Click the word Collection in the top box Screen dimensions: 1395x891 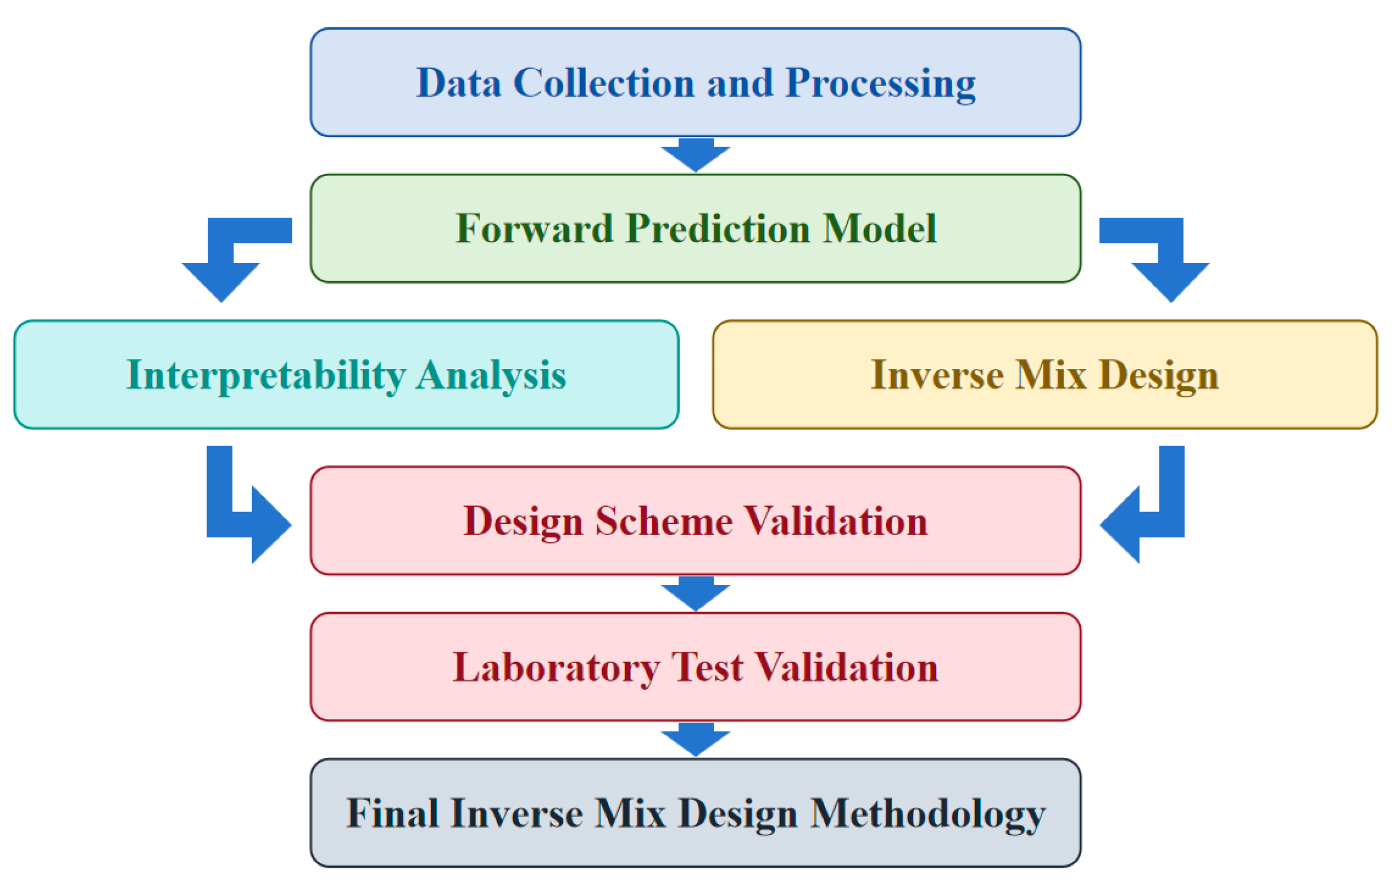tap(603, 82)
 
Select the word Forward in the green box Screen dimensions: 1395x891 tap(534, 229)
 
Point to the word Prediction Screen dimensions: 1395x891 tap(718, 229)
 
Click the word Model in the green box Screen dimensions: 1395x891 tap(881, 229)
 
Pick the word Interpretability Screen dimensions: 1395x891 tap(266, 376)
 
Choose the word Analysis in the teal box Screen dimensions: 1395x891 tap(491, 376)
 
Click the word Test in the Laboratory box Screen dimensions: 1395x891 tap(707, 667)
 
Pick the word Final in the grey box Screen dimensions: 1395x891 tap(392, 813)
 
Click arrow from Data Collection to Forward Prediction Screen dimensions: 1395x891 tap(696, 155)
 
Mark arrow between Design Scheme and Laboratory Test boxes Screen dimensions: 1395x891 tap(696, 594)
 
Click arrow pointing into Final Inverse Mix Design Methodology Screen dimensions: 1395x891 tap(696, 740)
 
